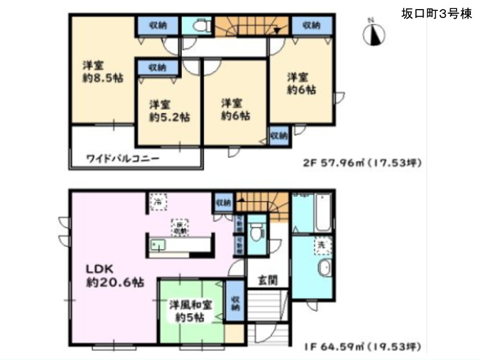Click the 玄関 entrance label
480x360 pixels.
coord(268,280)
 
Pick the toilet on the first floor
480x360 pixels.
coord(257,230)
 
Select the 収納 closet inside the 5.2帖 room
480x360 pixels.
coord(157,67)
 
